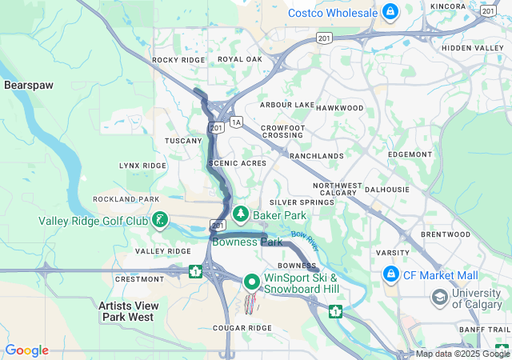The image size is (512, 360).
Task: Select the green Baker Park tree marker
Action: (x=240, y=214)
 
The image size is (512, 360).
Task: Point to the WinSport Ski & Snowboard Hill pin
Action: (x=251, y=282)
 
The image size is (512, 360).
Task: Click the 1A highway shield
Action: (x=235, y=122)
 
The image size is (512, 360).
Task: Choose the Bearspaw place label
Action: (x=28, y=85)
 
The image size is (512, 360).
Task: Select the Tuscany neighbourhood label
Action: (x=183, y=141)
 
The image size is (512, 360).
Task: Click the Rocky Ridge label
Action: (x=178, y=60)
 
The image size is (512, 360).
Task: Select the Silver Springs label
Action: (x=302, y=203)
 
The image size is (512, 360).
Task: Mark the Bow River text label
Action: (x=303, y=238)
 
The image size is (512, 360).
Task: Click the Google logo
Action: (x=26, y=350)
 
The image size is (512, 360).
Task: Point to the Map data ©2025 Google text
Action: (x=462, y=354)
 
